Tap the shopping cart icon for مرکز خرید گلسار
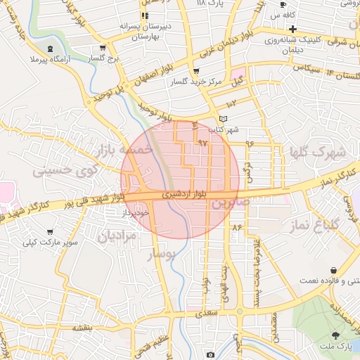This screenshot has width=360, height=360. (195, 71)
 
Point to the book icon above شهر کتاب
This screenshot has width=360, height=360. (224, 119)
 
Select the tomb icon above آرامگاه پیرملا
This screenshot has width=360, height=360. (49, 49)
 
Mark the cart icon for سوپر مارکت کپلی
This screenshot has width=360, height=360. (49, 232)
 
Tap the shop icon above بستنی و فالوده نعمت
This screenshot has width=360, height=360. (332, 270)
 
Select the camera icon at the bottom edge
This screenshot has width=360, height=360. (210, 354)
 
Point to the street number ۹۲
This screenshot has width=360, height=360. (203, 143)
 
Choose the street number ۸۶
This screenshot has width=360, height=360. (236, 227)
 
